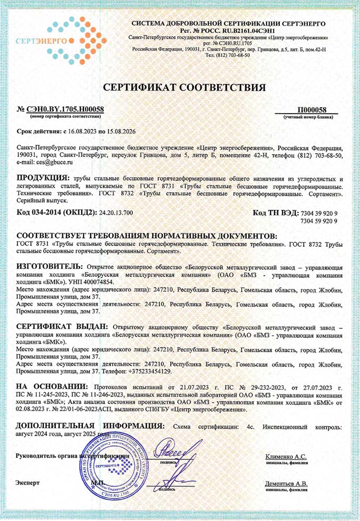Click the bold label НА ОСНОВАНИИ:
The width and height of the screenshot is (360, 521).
tap(52, 387)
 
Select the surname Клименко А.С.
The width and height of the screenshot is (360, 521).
tap(286, 456)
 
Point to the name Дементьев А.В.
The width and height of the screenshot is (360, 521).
tap(286, 483)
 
